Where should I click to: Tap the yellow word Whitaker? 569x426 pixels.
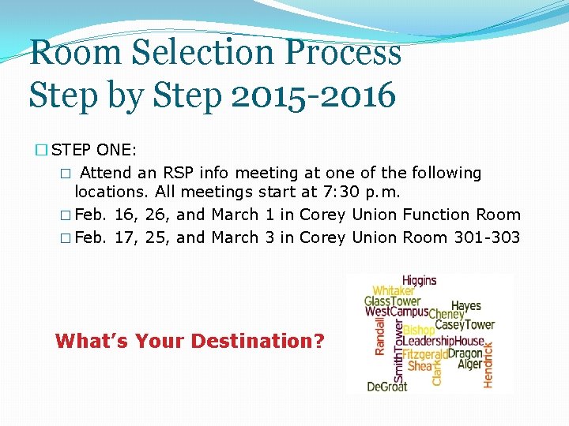(x=393, y=291)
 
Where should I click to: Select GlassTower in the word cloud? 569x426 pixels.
(x=392, y=301)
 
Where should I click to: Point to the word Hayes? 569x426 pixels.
(x=465, y=306)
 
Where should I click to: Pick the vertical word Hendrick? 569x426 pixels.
(x=488, y=364)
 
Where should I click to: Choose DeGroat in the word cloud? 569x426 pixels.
(x=386, y=387)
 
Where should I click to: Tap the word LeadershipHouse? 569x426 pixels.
(x=443, y=342)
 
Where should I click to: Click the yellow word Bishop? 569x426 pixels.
(x=419, y=330)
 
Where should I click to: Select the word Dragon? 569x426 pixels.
(x=465, y=353)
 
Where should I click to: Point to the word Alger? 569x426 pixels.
(x=469, y=364)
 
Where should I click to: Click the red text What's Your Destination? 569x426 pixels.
(x=190, y=342)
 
